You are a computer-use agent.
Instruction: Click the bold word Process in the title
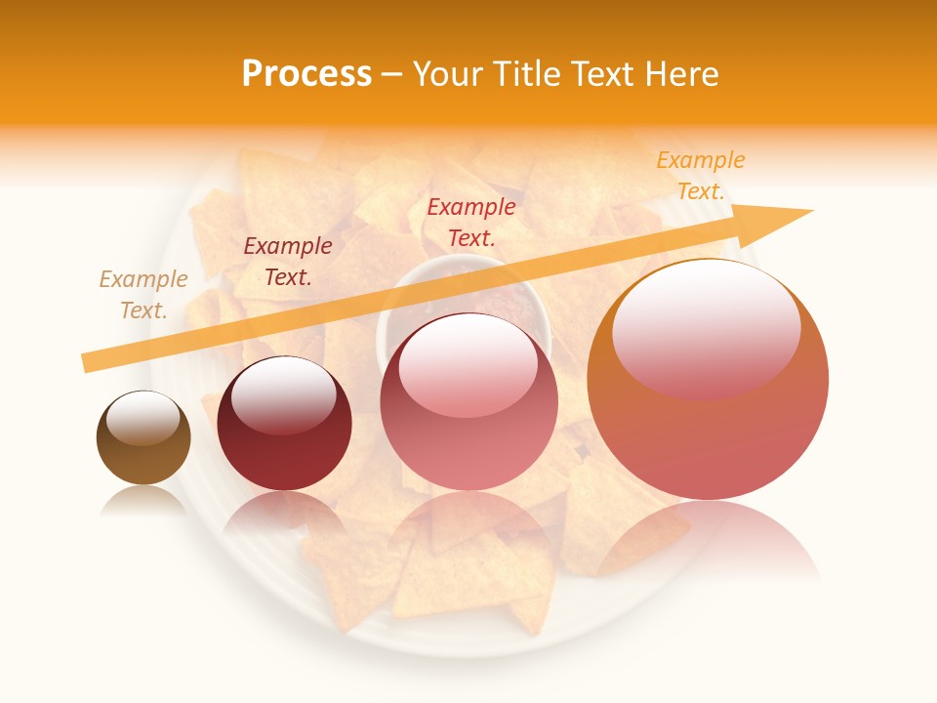point(306,74)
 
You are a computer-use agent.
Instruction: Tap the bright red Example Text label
point(471,222)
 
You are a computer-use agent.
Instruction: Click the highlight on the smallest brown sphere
point(143,417)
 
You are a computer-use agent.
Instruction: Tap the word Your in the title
point(446,74)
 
